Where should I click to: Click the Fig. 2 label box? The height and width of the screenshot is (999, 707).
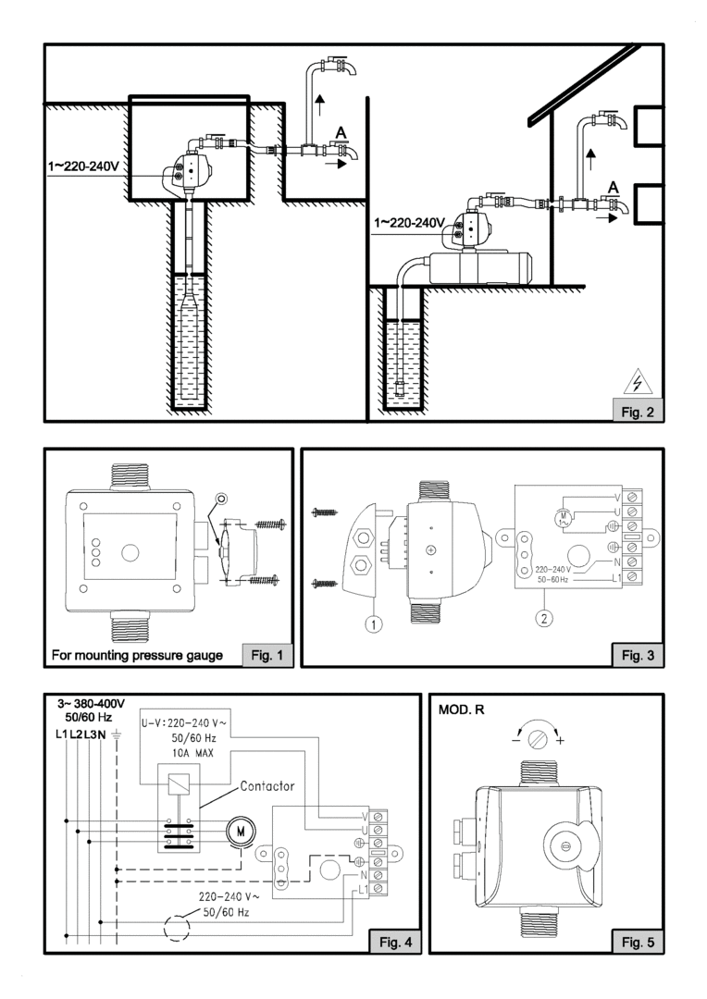pos(637,412)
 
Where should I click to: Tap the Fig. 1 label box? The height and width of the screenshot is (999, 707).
pos(267,655)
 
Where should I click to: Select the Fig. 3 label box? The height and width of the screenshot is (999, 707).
pos(638,655)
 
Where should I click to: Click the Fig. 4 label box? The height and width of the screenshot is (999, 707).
pos(395,942)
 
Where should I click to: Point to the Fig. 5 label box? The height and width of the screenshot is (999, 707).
pos(638,942)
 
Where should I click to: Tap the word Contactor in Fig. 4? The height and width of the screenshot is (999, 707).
pos(267,786)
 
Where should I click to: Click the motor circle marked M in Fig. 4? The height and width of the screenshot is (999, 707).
pos(241,831)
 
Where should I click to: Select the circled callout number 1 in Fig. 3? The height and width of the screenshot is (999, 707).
pos(374,624)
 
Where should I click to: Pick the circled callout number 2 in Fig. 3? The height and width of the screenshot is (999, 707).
pos(544,617)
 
